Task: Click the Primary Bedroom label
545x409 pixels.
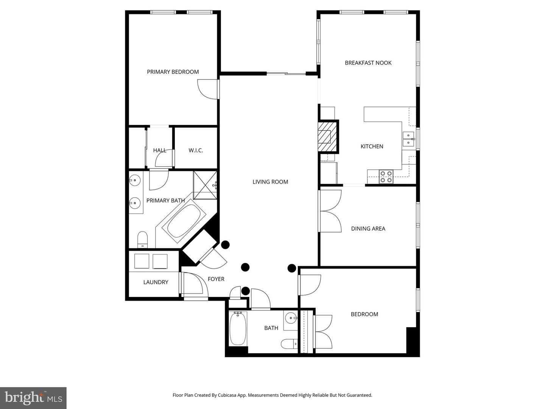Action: click(173, 72)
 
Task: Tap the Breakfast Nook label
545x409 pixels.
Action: click(368, 63)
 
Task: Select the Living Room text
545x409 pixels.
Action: click(270, 182)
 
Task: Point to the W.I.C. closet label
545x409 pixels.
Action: click(196, 150)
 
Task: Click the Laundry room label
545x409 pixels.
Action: click(156, 282)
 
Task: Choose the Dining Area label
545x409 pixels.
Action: click(368, 229)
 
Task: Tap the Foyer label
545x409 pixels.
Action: click(216, 279)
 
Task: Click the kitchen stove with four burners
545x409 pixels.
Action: click(386, 177)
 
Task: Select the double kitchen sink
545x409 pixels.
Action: click(408, 139)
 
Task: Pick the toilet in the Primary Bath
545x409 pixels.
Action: click(142, 239)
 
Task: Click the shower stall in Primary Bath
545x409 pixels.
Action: click(205, 185)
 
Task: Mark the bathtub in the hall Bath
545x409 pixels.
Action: click(238, 328)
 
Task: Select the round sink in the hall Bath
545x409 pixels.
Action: click(291, 317)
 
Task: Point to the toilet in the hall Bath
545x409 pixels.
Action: click(289, 344)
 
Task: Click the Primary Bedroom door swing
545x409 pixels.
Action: click(207, 90)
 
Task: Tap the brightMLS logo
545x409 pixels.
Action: click(33, 398)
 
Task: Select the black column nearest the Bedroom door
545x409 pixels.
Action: click(291, 268)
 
